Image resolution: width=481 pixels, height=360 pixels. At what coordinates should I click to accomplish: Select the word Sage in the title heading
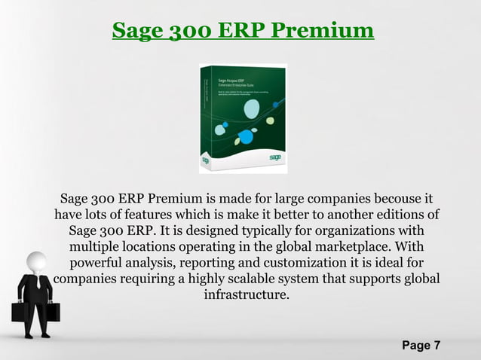tap(139, 31)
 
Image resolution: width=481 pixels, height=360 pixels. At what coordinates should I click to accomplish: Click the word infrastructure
tap(246, 294)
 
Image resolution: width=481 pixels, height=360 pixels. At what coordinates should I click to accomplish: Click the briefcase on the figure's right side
tap(51, 310)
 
